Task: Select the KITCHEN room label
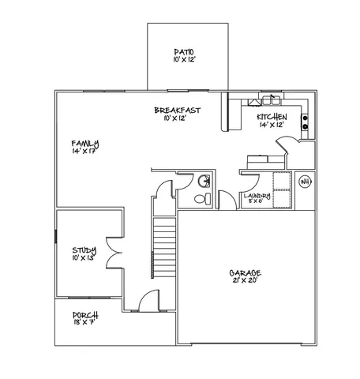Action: (271, 116)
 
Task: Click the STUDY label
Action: (84, 250)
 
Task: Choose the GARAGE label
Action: (246, 273)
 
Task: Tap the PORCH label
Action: (84, 314)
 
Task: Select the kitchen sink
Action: (271, 100)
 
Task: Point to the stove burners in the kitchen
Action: (305, 122)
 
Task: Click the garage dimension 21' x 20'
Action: (246, 281)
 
